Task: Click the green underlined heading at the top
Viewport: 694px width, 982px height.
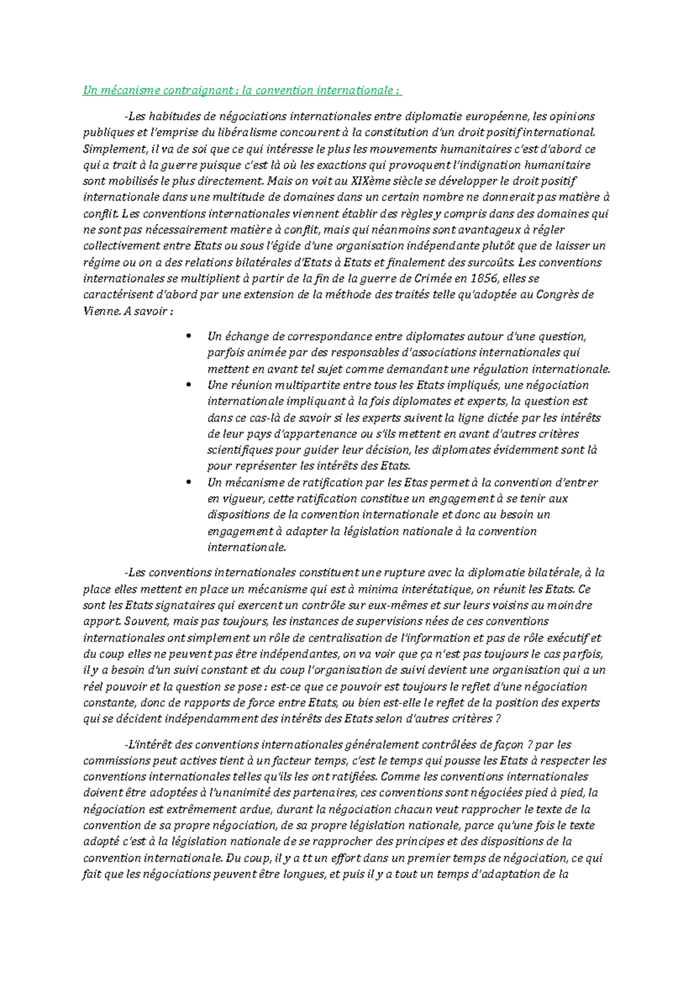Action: pos(242,91)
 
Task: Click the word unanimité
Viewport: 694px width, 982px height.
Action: pos(256,793)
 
